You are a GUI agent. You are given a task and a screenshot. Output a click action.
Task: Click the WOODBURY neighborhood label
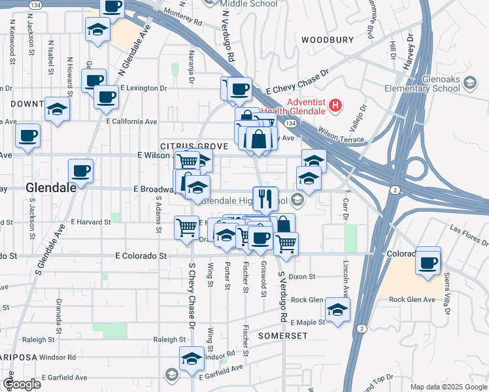tap(328, 40)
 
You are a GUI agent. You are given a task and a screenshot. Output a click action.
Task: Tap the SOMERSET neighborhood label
tap(282, 335)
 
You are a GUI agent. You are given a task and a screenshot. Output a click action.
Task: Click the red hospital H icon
tap(335, 105)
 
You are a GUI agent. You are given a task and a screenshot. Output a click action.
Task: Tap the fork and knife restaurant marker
tap(265, 199)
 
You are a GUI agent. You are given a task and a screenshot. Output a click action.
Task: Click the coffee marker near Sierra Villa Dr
tap(428, 262)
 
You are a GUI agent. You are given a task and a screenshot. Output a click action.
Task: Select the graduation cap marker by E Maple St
tap(337, 310)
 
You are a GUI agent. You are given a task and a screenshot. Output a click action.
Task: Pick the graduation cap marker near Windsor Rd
tap(192, 358)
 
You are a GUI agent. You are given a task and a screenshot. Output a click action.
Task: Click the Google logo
tap(22, 384)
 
